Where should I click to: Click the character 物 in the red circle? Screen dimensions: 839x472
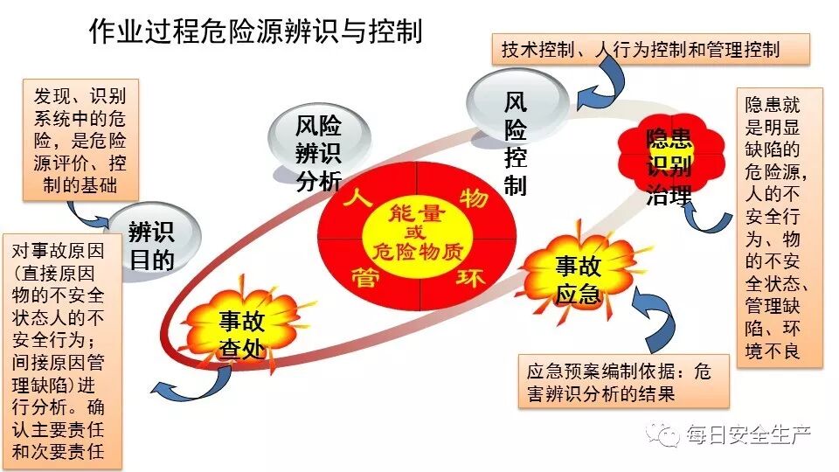[x=475, y=198]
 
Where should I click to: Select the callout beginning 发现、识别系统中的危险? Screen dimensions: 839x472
[x=79, y=140]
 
